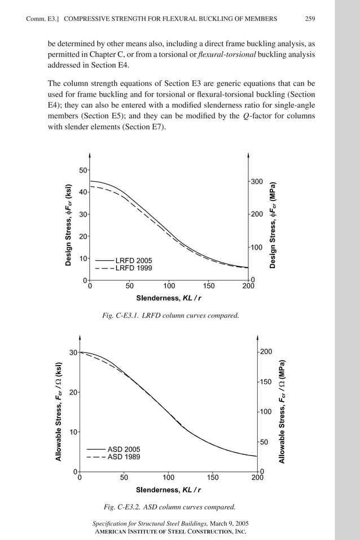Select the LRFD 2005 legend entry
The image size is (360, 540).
coord(133,260)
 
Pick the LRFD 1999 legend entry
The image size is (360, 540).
coord(133,269)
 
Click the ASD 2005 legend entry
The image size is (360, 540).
coord(124,449)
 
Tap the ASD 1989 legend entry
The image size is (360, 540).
coord(124,457)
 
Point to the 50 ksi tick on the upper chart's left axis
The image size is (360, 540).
coord(82,170)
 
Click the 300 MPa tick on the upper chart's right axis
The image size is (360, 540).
coord(257,181)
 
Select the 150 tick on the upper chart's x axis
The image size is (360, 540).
coord(208,286)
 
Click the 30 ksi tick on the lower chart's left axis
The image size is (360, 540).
coord(73,353)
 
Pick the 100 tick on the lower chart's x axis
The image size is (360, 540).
coord(168,477)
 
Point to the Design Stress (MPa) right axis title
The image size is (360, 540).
coord(273,225)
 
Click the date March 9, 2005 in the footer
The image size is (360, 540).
coord(229,524)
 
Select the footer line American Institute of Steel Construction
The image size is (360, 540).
coord(170,532)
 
